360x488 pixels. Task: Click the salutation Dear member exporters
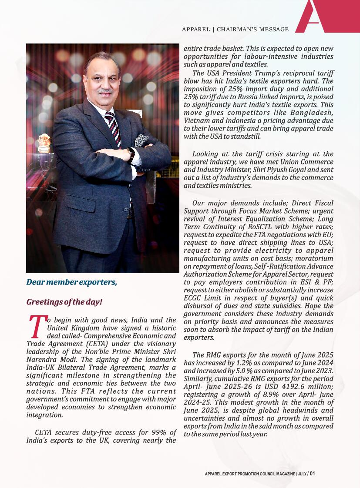click(72, 282)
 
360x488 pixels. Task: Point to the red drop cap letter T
click(37, 327)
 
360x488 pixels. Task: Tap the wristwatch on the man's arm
click(131, 155)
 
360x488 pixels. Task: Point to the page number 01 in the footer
click(312, 474)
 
